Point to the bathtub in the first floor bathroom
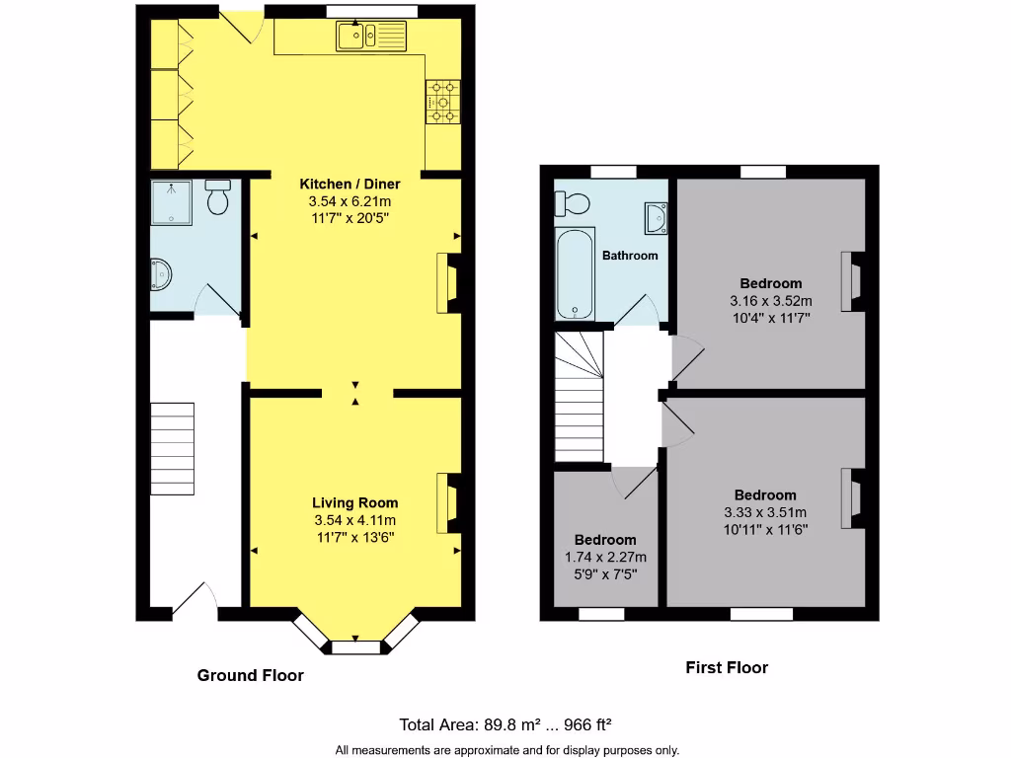tap(574, 274)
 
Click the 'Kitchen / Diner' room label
tap(350, 184)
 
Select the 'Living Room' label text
tap(355, 502)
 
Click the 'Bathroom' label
tap(630, 256)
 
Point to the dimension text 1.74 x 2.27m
tap(605, 558)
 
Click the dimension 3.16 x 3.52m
tap(771, 301)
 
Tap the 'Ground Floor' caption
tap(250, 676)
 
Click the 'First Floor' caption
tap(727, 668)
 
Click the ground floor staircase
tap(173, 449)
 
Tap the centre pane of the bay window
tap(355, 648)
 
